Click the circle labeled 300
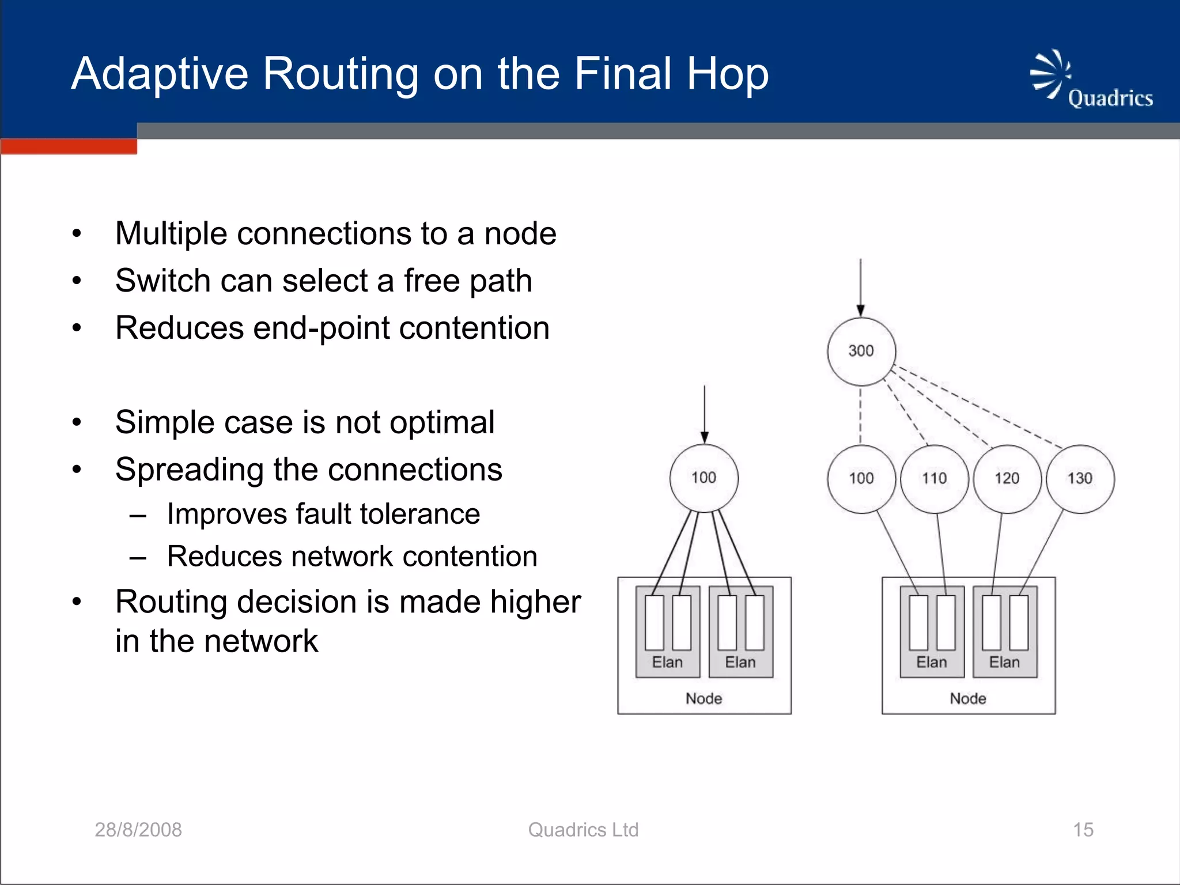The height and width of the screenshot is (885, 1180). tap(861, 351)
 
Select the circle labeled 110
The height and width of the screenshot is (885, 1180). tap(934, 478)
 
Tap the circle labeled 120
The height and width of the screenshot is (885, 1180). tap(1007, 478)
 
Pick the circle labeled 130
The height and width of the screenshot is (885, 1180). tap(1080, 478)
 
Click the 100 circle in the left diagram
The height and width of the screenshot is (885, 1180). tap(704, 478)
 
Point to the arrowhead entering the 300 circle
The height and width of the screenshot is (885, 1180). tap(860, 311)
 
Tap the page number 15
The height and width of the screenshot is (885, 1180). tap(1083, 830)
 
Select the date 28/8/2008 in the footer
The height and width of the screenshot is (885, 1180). tap(138, 830)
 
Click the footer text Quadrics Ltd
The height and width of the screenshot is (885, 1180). tap(583, 830)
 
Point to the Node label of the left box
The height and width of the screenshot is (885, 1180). tap(704, 698)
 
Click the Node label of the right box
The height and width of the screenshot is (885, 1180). tap(968, 698)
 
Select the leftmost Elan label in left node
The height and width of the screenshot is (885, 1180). tap(667, 662)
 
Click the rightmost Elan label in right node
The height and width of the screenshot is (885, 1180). tap(1004, 662)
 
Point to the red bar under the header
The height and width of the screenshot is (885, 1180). tap(69, 146)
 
